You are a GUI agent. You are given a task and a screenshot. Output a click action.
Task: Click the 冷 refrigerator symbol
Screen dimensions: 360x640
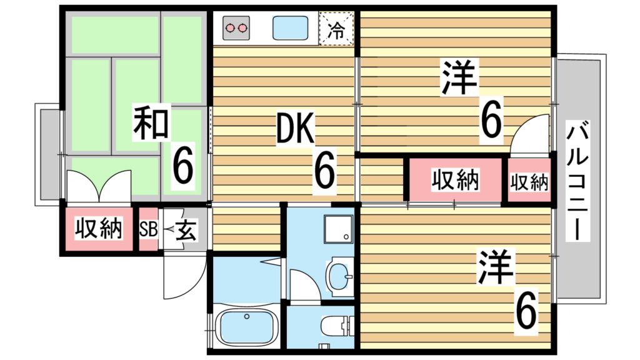(x=336, y=29)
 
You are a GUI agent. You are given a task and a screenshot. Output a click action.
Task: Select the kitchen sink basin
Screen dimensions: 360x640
(x=291, y=28)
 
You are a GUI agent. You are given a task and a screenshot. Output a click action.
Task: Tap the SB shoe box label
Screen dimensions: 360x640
(x=148, y=229)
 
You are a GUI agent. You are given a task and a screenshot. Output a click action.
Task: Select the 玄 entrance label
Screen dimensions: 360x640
(x=186, y=230)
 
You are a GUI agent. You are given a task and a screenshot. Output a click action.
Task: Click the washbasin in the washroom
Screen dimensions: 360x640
(x=339, y=276)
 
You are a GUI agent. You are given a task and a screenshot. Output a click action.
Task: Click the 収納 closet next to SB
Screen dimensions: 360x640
(x=98, y=229)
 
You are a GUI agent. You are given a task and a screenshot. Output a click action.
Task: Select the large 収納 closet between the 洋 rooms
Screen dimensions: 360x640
(x=455, y=181)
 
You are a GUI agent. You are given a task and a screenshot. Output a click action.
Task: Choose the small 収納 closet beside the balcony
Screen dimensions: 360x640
(x=529, y=182)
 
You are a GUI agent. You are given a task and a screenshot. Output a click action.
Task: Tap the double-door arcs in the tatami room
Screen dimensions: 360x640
(x=99, y=186)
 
